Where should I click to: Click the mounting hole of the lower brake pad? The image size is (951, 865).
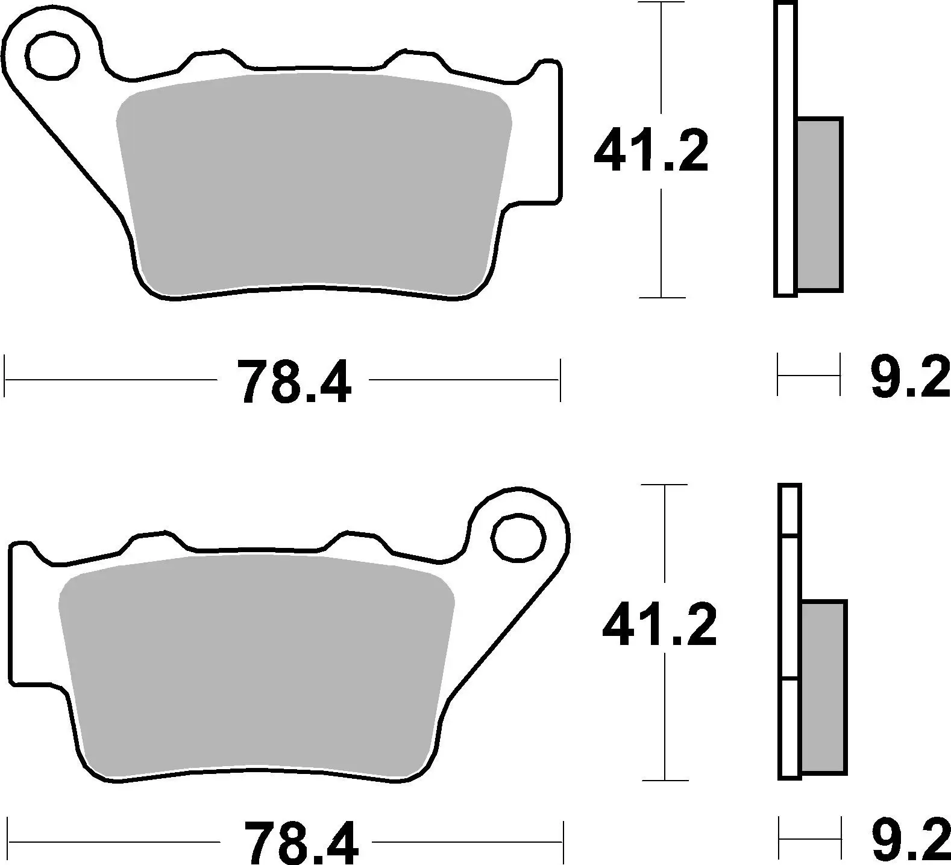[518, 538]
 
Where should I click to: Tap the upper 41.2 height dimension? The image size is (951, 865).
[650, 151]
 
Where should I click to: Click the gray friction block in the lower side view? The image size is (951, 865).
[824, 687]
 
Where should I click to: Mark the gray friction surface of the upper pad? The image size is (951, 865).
[313, 181]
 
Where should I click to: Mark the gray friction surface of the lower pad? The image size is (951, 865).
[256, 663]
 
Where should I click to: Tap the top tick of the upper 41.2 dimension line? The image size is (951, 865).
[661, 3]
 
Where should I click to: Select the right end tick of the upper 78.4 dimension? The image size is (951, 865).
[560, 380]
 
